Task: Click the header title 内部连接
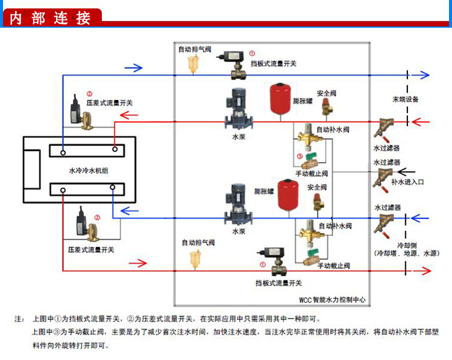pyautogui.click(x=51, y=17)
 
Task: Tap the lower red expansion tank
pyautogui.click(x=287, y=194)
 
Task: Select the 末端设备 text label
pyautogui.click(x=406, y=99)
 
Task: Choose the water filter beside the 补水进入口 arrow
pyautogui.click(x=380, y=177)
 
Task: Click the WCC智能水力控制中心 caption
pyautogui.click(x=332, y=299)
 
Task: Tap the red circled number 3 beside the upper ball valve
pyautogui.click(x=300, y=157)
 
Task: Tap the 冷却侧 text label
pyautogui.click(x=407, y=246)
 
